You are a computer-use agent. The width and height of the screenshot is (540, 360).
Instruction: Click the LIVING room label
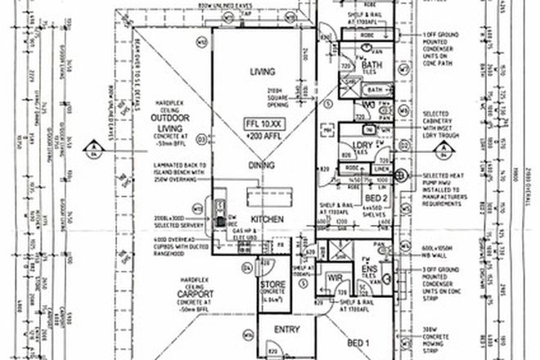[x=261, y=72]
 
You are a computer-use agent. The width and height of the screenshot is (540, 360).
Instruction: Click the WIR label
[x=335, y=277]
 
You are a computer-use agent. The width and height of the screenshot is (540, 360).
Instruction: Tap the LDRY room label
[x=362, y=145]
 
